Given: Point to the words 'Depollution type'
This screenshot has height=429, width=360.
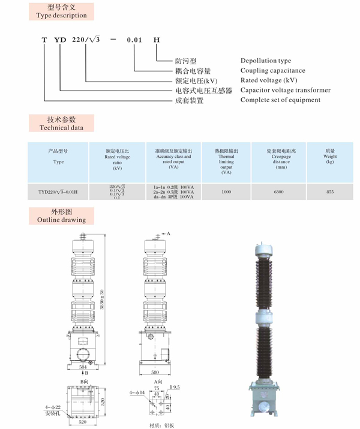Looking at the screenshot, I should [x=266, y=61].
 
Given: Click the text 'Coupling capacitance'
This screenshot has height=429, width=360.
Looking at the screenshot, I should [x=273, y=70].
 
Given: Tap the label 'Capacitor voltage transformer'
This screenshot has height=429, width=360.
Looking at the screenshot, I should [x=285, y=90].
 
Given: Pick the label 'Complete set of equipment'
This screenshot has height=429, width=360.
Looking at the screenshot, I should [x=280, y=100].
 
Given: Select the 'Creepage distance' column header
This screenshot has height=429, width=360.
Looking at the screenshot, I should [x=281, y=160].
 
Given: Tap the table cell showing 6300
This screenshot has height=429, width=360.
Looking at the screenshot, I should [x=278, y=192].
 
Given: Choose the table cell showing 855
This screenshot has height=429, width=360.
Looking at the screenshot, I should [x=330, y=192].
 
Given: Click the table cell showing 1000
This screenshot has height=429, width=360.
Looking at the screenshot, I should [x=226, y=192].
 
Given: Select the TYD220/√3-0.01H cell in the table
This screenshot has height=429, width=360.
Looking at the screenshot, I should [x=58, y=192].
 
